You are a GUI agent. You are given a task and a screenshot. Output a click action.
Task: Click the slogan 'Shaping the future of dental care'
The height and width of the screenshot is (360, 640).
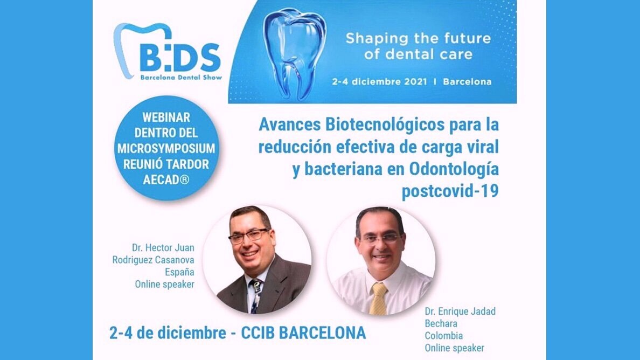[418, 46]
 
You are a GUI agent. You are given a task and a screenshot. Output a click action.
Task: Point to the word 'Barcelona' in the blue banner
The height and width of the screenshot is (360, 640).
[467, 82]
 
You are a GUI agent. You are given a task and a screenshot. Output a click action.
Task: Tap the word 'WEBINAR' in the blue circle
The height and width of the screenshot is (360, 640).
[167, 117]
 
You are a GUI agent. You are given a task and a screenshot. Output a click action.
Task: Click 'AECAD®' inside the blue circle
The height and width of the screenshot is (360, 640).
[166, 180]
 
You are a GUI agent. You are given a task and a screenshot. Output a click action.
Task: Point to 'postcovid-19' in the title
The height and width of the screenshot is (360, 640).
[450, 191]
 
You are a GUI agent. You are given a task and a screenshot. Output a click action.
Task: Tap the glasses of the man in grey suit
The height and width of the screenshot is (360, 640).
[249, 236]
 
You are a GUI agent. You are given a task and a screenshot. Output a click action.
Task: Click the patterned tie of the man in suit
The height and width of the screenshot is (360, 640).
[256, 293]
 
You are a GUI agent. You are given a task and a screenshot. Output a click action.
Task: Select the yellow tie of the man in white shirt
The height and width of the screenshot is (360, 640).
[379, 299]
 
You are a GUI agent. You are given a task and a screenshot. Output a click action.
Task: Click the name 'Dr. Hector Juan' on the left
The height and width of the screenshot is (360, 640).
[163, 248]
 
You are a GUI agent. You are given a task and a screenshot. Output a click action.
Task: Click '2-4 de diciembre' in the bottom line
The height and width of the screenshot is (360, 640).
[166, 333]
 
